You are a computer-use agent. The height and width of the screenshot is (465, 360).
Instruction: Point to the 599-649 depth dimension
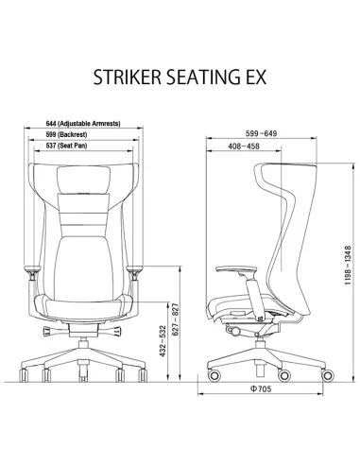pyautogui.click(x=257, y=134)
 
